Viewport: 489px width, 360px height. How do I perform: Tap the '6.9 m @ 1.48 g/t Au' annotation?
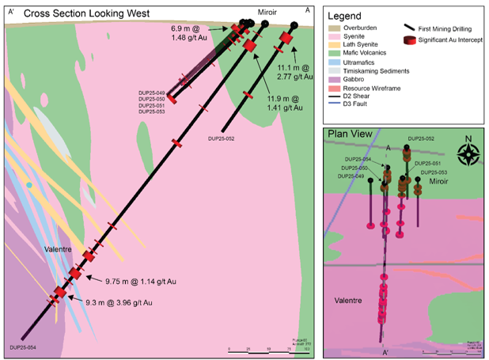(193, 32)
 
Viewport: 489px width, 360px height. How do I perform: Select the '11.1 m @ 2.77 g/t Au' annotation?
(298, 73)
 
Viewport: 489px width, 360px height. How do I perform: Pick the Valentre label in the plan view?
(349, 301)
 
